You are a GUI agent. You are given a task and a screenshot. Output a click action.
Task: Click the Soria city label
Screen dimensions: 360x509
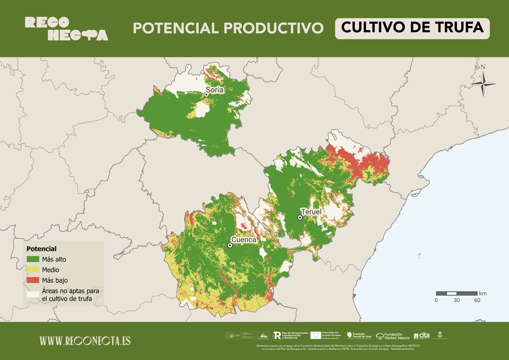point(215,90)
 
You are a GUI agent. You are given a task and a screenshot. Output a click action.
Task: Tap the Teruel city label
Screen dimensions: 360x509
point(312,211)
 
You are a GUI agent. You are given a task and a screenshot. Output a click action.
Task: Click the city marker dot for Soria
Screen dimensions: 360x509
point(207,95)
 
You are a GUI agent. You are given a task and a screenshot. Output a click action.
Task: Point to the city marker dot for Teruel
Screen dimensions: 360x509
point(300,217)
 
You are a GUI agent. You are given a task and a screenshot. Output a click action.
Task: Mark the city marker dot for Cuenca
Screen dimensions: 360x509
point(230,245)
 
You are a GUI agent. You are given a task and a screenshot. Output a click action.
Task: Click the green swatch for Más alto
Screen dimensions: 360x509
point(33,259)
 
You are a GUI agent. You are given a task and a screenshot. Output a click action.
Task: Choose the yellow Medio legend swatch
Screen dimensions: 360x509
point(33,270)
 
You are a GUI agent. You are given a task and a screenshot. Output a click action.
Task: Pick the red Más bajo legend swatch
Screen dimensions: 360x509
point(33,280)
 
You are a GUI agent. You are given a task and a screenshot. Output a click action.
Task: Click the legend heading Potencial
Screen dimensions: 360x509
point(41,248)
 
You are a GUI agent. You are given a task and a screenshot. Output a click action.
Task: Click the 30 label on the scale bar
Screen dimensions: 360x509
point(456,300)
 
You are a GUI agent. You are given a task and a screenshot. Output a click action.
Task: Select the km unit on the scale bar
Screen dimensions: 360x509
point(483,293)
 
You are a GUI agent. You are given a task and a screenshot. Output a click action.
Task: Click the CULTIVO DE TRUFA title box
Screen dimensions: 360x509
point(412,28)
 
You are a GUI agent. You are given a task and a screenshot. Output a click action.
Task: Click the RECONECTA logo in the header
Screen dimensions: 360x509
point(66,28)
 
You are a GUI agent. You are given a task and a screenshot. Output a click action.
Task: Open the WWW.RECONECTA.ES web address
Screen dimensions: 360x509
point(85,340)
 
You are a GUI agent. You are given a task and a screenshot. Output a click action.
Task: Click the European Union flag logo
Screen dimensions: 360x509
point(316,335)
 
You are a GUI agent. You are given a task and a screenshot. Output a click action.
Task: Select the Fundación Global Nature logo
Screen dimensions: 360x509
point(393,336)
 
